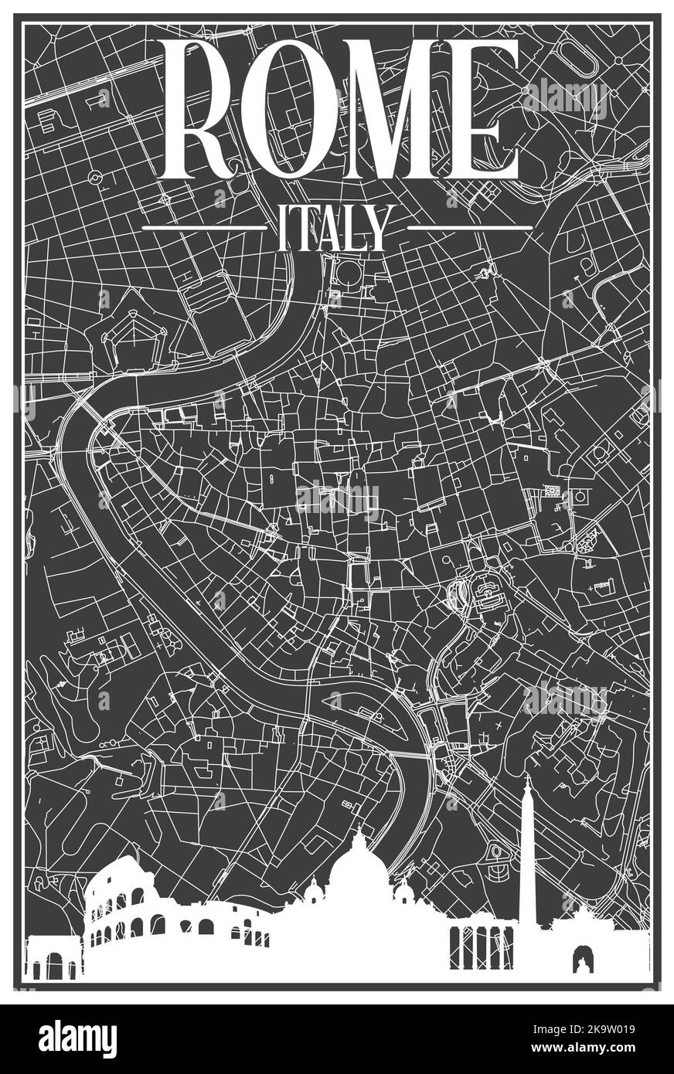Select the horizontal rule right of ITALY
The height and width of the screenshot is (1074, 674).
pyautogui.click(x=469, y=228)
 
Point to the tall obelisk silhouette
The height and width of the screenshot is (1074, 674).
pyautogui.click(x=528, y=858)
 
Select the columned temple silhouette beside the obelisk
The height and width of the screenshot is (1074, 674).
pyautogui.click(x=481, y=947)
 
